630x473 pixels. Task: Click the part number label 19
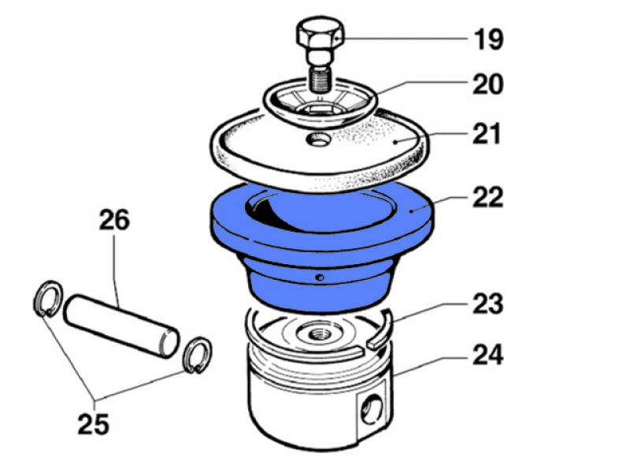click(488, 39)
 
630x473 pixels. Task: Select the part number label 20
click(487, 84)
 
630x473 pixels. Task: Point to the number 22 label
click(487, 197)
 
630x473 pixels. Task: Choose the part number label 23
click(487, 304)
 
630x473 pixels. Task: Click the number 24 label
click(487, 357)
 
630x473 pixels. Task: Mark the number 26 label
click(114, 220)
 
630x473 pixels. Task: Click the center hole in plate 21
click(319, 140)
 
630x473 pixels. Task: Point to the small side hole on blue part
click(319, 277)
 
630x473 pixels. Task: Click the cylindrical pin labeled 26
click(122, 322)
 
